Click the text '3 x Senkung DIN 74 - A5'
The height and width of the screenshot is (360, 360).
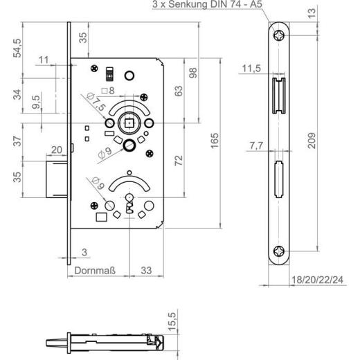[206, 6]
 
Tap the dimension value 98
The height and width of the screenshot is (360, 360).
[194, 72]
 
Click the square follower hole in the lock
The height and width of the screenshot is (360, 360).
[129, 124]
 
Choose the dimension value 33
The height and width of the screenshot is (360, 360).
[146, 270]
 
